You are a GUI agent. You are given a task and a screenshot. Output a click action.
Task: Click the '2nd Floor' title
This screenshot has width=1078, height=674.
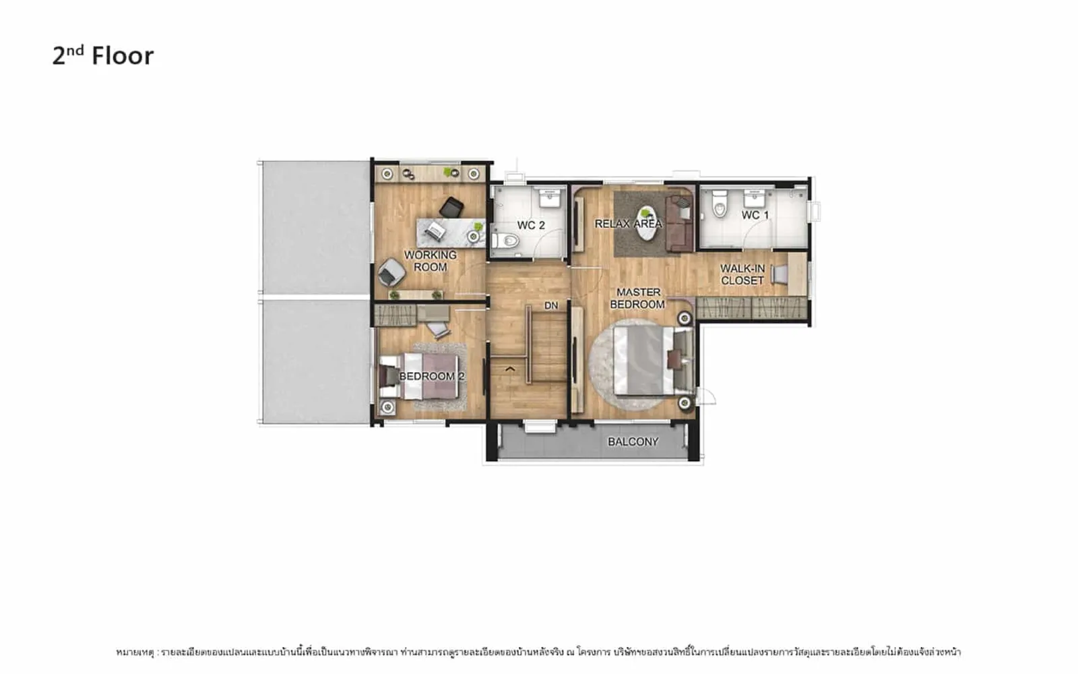pos(103,55)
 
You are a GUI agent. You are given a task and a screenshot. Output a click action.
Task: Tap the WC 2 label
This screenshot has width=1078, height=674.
pos(531,225)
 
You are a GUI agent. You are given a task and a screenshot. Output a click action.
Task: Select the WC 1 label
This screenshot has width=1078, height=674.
pos(755,215)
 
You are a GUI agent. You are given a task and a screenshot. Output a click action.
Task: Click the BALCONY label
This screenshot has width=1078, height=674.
pos(633,441)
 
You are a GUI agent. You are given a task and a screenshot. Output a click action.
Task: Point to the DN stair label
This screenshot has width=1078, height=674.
pos(551,306)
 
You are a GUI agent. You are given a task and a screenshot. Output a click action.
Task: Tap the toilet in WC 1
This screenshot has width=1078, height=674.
pos(720,204)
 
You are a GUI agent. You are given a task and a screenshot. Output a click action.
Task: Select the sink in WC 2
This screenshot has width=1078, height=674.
pos(550,197)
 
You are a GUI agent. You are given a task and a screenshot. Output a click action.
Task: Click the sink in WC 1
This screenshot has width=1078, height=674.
pos(755,197)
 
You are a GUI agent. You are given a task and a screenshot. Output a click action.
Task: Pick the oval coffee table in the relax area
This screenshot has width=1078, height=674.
pos(646,223)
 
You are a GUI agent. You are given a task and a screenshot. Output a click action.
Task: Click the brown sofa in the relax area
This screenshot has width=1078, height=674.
pos(680,224)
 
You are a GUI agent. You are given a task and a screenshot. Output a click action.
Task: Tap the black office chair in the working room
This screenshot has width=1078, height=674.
pos(451,208)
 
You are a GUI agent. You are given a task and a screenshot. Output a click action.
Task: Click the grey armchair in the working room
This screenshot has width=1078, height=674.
pos(391,272)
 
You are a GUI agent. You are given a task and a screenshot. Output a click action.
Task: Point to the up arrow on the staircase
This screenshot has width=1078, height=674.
pos(510,369)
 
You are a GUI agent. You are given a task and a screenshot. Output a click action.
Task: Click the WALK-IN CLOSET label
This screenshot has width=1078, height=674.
pos(742,274)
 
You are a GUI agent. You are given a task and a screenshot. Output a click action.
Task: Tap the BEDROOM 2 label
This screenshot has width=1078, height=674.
pos(432,376)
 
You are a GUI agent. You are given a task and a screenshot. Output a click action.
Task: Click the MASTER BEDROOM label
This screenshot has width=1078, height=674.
pos(637,299)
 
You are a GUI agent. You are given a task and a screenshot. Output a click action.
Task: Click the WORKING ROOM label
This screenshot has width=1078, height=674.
pos(431,261)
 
